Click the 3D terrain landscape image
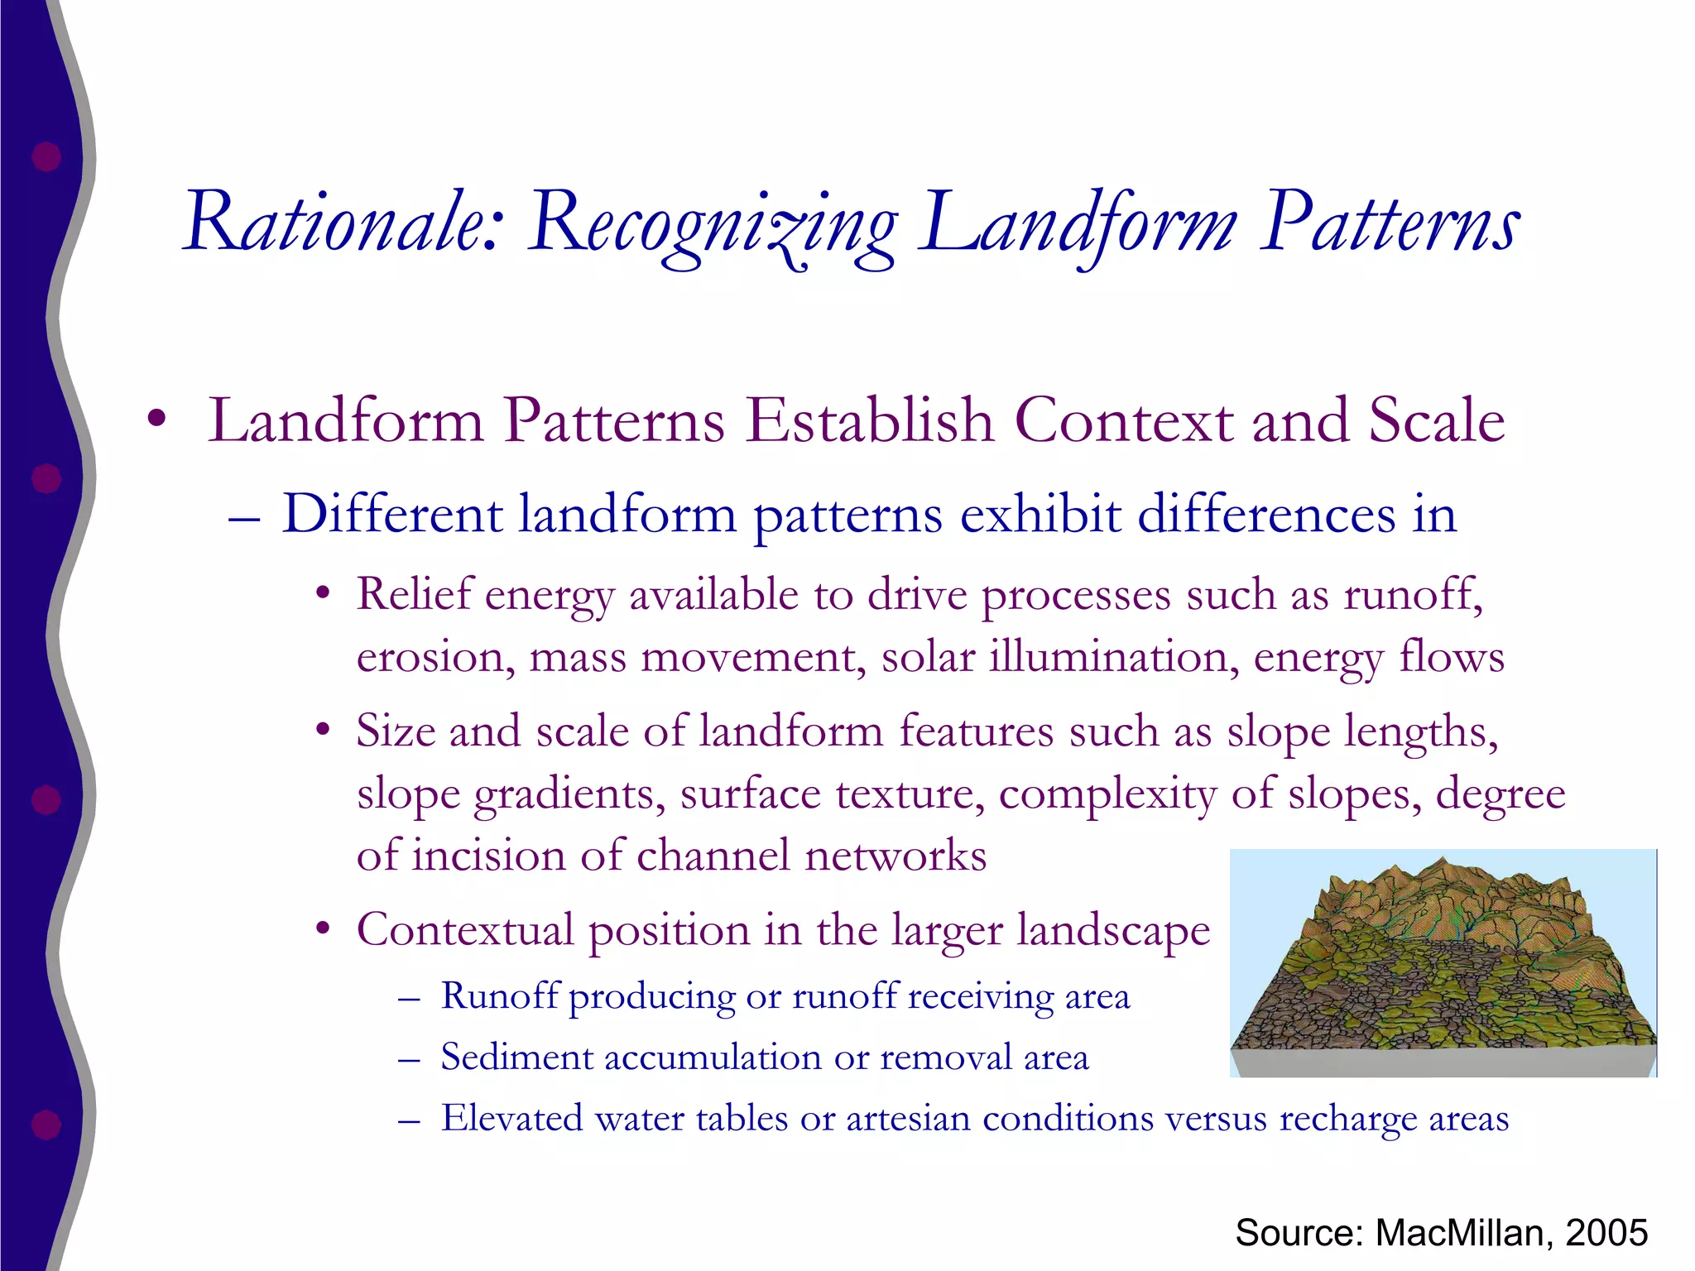click(1443, 962)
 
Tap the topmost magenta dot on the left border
click(46, 156)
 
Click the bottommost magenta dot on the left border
click(46, 1125)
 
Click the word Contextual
click(465, 929)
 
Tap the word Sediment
click(516, 1058)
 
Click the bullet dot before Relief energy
click(323, 594)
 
